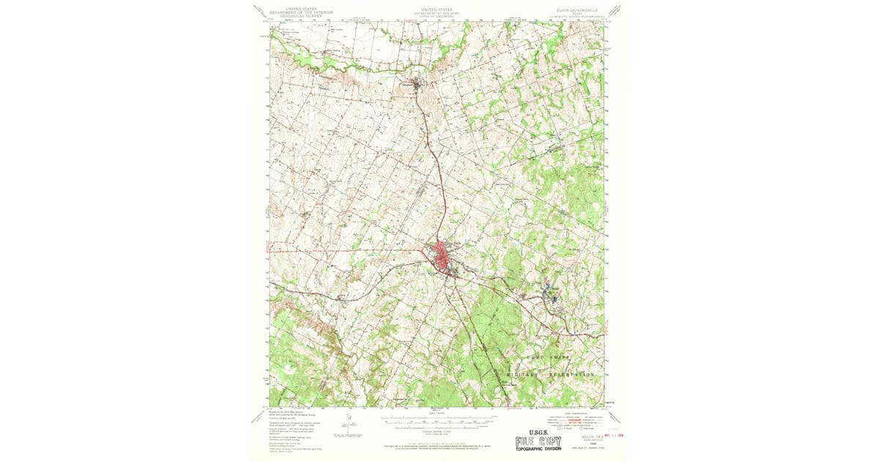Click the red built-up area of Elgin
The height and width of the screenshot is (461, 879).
pos(442,257)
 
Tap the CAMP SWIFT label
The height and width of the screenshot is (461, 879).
pos(548,357)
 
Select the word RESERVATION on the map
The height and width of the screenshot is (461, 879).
pos(568,374)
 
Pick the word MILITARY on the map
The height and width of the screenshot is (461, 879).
pos(522,374)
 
